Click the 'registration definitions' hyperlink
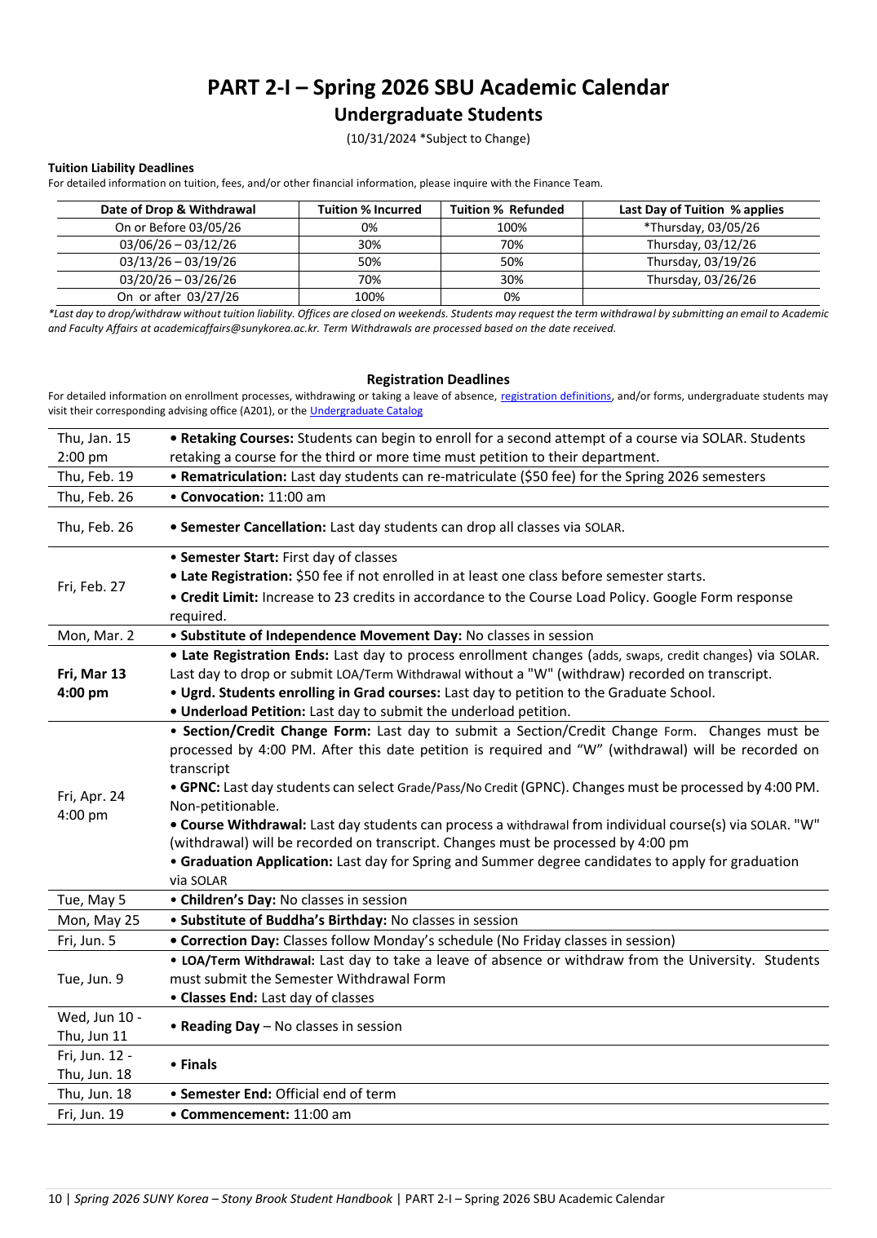pyautogui.click(x=556, y=396)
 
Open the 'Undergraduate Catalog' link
pyautogui.click(x=366, y=411)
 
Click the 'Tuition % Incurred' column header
pyautogui.click(x=370, y=210)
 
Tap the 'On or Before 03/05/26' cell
pyautogui.click(x=178, y=228)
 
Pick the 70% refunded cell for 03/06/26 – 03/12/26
pyautogui.click(x=512, y=245)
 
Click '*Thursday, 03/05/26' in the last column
pyautogui.click(x=701, y=228)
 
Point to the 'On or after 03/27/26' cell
pyautogui.click(x=178, y=297)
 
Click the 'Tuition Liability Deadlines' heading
pyautogui.click(x=121, y=168)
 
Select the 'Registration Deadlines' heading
pyautogui.click(x=438, y=379)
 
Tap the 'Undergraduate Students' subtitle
pyautogui.click(x=438, y=115)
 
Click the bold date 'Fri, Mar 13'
pyautogui.click(x=91, y=674)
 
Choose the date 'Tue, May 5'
pyautogui.click(x=91, y=900)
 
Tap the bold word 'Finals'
pyautogui.click(x=198, y=1064)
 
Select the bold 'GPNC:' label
pyautogui.click(x=200, y=787)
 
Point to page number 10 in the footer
pyautogui.click(x=55, y=1198)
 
